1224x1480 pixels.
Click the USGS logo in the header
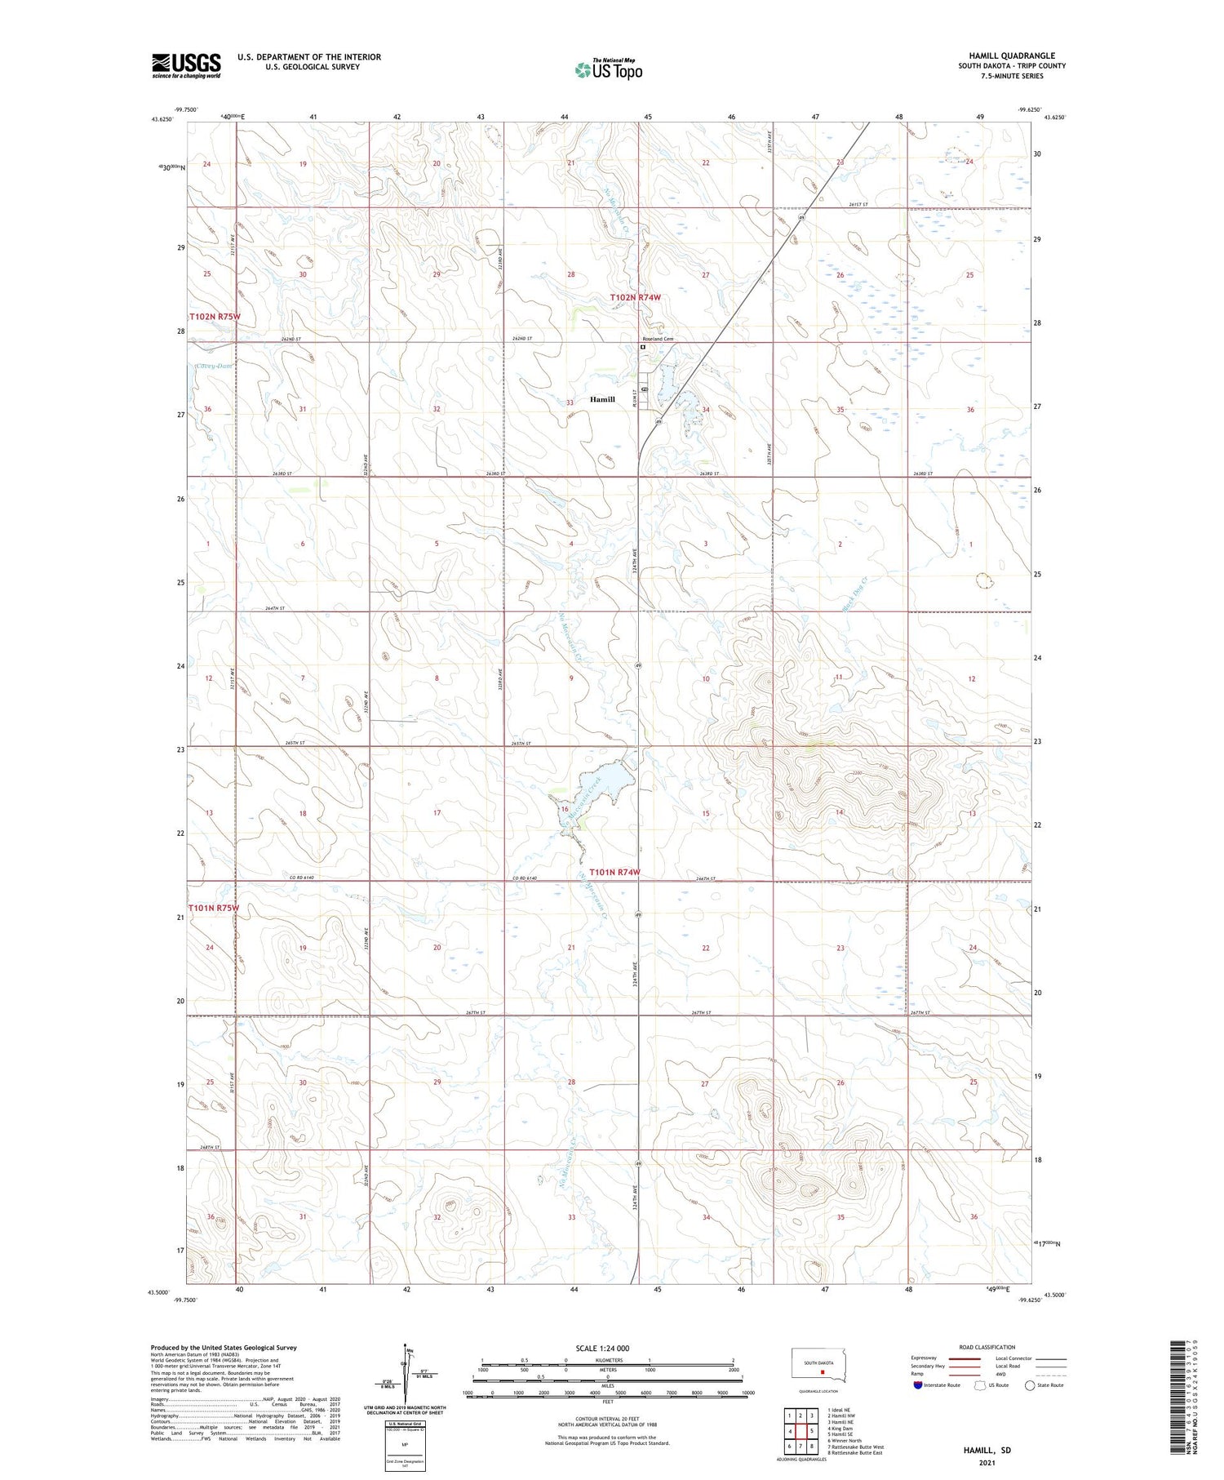(186, 65)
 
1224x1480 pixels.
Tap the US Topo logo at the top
(608, 70)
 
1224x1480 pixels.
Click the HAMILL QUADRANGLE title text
(1012, 56)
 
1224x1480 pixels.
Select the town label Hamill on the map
(602, 399)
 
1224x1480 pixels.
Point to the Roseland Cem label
(657, 338)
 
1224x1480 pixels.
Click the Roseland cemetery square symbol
(643, 347)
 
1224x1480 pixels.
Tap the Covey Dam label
(214, 366)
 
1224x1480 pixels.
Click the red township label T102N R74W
(635, 298)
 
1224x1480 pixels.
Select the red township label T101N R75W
(214, 908)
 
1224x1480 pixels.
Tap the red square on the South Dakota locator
(822, 1372)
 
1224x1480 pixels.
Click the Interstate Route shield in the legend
(920, 1385)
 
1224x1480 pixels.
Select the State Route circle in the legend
(1030, 1385)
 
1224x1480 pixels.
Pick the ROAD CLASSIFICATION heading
(987, 1347)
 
